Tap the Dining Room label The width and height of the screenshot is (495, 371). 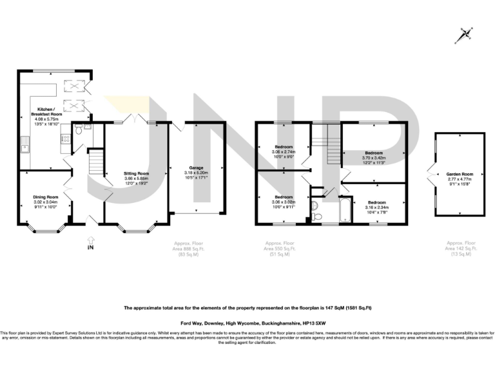coord(46,196)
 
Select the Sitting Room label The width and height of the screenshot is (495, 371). coord(137,174)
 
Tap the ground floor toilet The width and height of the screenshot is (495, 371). coord(77,131)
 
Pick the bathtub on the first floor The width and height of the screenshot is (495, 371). coord(344,210)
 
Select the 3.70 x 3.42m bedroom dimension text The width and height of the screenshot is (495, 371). coord(374,157)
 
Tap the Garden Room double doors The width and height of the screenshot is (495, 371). coord(431,174)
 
